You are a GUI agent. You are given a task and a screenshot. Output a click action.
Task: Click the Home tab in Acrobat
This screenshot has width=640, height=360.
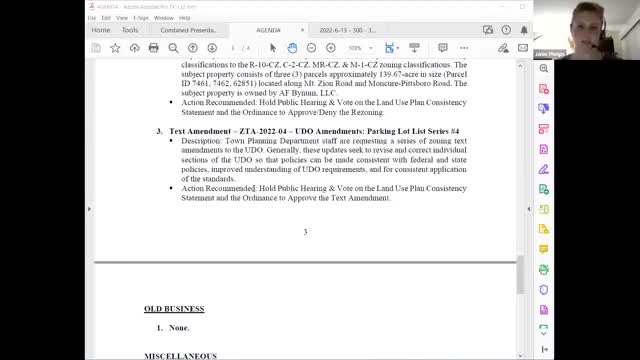click(101, 30)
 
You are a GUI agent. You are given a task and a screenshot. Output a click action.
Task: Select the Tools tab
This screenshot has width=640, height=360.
click(130, 30)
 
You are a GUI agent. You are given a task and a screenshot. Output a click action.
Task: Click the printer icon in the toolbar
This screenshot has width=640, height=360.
click(154, 47)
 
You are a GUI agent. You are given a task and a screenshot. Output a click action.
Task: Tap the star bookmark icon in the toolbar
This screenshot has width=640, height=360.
click(116, 47)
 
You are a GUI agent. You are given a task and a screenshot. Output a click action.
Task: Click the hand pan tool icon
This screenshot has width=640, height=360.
click(292, 47)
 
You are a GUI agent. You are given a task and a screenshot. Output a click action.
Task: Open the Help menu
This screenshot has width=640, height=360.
click(184, 17)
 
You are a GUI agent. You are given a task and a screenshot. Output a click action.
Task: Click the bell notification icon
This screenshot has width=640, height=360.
click(524, 30)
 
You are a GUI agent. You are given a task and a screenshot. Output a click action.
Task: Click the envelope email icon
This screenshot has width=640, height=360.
click(173, 47)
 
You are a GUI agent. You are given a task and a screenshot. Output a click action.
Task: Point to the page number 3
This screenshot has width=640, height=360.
click(305, 232)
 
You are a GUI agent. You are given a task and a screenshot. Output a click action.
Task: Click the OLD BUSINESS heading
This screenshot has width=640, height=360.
click(174, 308)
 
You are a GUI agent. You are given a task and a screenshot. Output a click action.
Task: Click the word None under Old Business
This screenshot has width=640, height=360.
click(178, 328)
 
